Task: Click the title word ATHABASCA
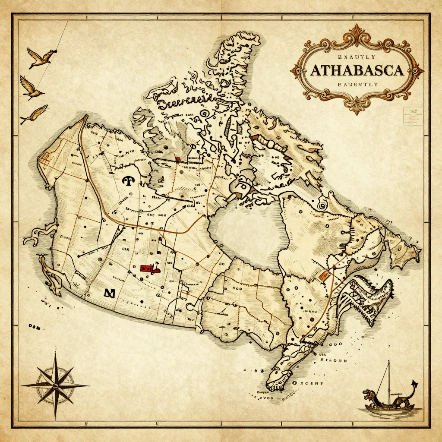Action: pos(356,70)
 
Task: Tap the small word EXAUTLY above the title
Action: pos(357,57)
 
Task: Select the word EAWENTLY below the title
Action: pos(357,85)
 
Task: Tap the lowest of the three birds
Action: pos(35,114)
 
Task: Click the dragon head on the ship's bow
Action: pos(367,394)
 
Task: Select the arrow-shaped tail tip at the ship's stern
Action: pos(415,382)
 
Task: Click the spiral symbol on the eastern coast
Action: pos(321,205)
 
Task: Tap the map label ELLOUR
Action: pos(331,358)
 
